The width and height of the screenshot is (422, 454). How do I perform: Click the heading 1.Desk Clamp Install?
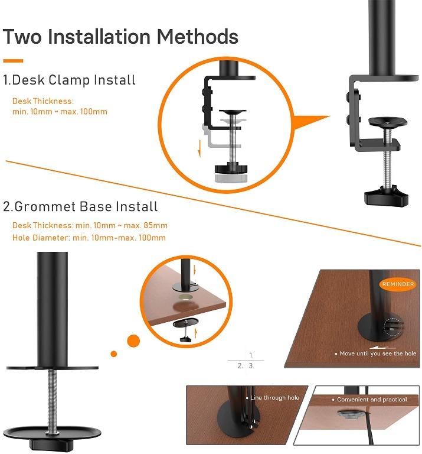pyautogui.click(x=69, y=80)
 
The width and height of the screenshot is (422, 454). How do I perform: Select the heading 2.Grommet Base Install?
pyautogui.click(x=80, y=207)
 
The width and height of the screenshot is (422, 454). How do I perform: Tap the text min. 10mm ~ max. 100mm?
pyautogui.click(x=60, y=112)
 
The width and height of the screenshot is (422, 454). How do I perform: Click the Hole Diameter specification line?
pyautogui.click(x=89, y=238)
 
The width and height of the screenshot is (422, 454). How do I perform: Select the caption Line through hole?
pyautogui.click(x=274, y=398)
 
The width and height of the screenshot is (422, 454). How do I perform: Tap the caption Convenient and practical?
pyautogui.click(x=372, y=400)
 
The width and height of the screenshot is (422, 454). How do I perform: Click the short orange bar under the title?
pyautogui.click(x=13, y=60)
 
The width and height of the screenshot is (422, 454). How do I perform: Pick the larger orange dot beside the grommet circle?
pyautogui.click(x=134, y=340)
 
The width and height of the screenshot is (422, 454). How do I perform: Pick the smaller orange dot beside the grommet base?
pyautogui.click(x=114, y=354)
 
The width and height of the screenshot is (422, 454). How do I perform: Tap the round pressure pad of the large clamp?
pyautogui.click(x=387, y=122)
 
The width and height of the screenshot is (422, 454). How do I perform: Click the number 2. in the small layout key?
pyautogui.click(x=240, y=366)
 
